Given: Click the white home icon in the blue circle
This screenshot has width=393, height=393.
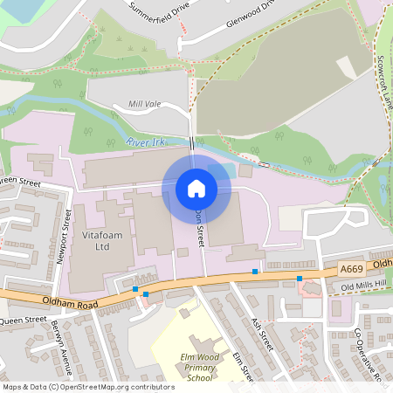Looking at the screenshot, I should [196, 188].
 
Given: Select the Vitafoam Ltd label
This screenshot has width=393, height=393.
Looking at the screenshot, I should [91, 242].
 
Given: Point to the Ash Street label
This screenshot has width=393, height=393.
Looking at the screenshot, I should [262, 334].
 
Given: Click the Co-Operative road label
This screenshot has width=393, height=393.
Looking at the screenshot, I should [369, 355].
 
